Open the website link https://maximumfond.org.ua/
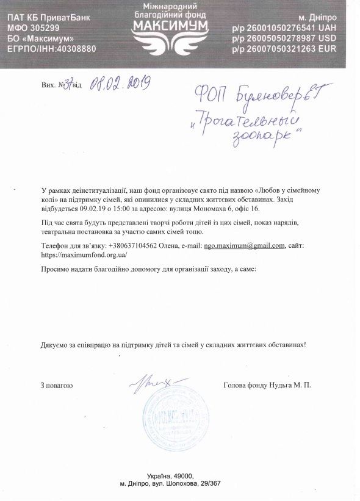(x=79, y=254)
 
